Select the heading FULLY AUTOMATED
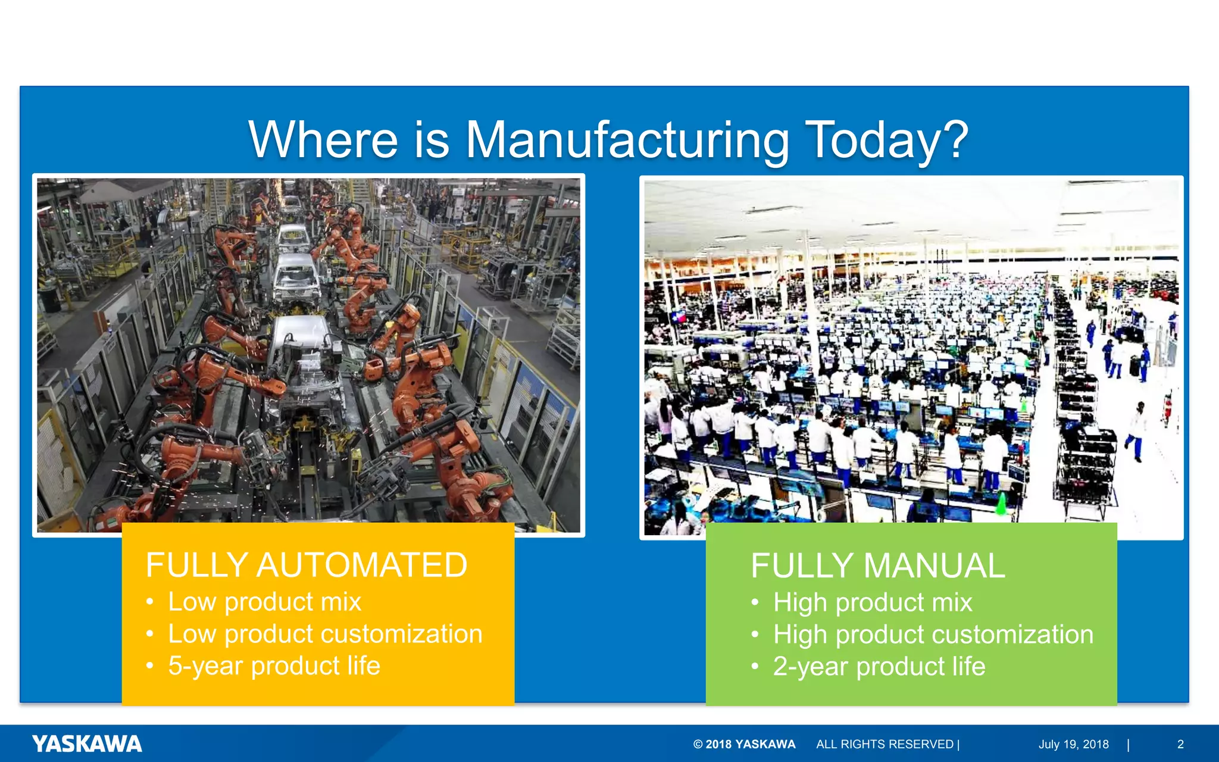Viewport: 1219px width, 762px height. point(307,565)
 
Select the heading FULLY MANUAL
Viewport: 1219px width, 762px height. point(878,566)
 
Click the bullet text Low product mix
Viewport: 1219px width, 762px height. point(264,602)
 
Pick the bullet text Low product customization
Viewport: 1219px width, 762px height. point(325,634)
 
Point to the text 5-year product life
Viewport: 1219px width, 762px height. point(274,666)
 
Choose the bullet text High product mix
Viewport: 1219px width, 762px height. point(873,602)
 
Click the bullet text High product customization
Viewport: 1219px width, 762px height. point(933,635)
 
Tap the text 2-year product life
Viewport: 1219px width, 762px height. point(879,666)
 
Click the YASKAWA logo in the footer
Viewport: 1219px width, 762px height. point(87,744)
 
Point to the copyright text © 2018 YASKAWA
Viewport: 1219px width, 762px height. point(744,744)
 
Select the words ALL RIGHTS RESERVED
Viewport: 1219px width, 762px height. point(884,744)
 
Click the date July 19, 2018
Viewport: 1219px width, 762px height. point(1074,744)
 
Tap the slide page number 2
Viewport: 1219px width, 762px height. point(1180,744)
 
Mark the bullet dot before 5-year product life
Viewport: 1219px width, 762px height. point(150,666)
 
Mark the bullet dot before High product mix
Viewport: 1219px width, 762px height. point(755,602)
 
